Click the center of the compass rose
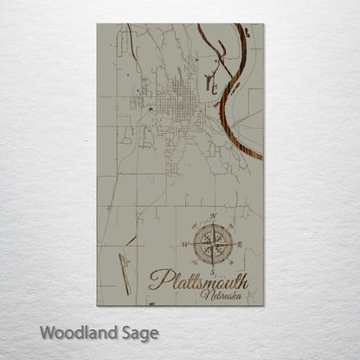coord(212,241)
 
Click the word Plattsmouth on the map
coord(199,280)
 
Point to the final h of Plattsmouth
coord(244,279)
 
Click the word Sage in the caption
coord(138,332)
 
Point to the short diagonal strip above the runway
coord(130,241)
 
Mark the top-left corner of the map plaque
coord(98,23)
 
